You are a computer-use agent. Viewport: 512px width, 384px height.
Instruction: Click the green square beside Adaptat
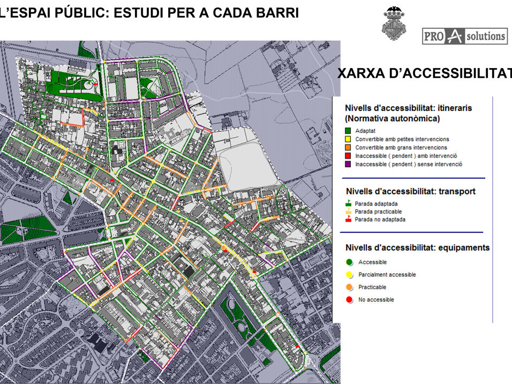(349, 131)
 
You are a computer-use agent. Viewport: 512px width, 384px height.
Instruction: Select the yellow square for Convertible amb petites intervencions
(349, 139)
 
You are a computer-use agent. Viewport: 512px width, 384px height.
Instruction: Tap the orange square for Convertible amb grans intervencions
(349, 147)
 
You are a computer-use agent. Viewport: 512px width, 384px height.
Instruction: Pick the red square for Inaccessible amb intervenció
(349, 156)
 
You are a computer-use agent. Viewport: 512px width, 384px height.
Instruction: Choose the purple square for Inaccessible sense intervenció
(349, 164)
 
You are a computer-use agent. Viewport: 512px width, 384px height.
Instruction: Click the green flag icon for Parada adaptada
(348, 204)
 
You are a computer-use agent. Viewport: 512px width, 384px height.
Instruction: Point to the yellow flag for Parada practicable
(348, 212)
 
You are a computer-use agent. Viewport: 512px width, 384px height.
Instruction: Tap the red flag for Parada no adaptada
(348, 219)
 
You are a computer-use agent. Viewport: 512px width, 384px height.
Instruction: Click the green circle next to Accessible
(349, 262)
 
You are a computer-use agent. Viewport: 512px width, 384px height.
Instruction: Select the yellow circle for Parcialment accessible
(349, 275)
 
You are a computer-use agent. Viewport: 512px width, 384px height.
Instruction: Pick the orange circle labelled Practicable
(349, 288)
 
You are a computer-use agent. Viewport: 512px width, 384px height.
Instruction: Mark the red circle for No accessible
(349, 300)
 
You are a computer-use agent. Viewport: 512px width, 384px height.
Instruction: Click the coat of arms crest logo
(394, 24)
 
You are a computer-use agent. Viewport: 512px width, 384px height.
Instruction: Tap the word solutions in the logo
(485, 36)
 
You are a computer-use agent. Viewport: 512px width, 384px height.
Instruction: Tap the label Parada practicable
(378, 212)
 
